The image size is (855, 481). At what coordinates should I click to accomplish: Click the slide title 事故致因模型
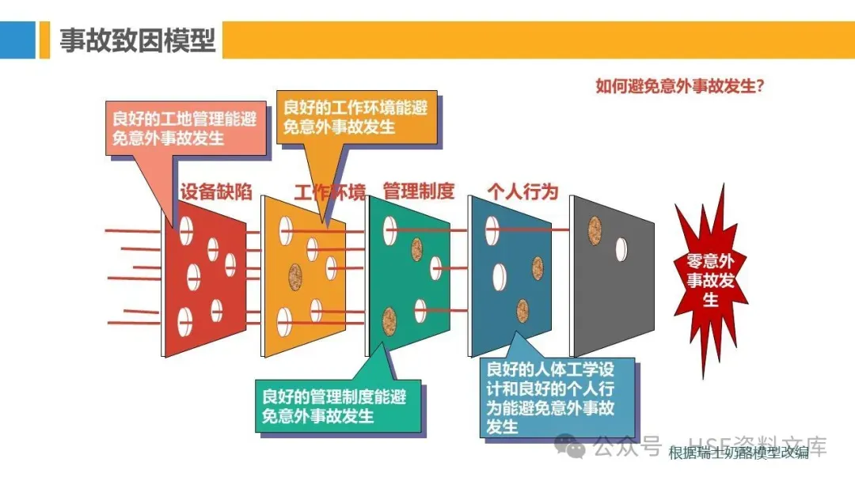click(x=138, y=40)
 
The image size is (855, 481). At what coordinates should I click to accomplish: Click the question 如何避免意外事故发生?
click(x=679, y=85)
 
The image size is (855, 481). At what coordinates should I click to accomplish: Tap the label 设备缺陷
click(x=215, y=191)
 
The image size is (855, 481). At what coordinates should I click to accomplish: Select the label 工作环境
click(x=329, y=191)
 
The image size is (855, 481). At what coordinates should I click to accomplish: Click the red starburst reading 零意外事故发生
click(x=710, y=280)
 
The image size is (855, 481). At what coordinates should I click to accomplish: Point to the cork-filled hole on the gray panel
click(x=596, y=229)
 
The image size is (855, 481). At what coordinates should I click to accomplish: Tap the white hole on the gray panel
click(x=621, y=249)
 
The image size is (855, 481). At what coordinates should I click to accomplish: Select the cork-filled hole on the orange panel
click(x=295, y=275)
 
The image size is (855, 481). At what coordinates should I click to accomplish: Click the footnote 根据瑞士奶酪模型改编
click(x=739, y=453)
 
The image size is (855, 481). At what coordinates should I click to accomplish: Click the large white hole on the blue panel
click(x=499, y=276)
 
